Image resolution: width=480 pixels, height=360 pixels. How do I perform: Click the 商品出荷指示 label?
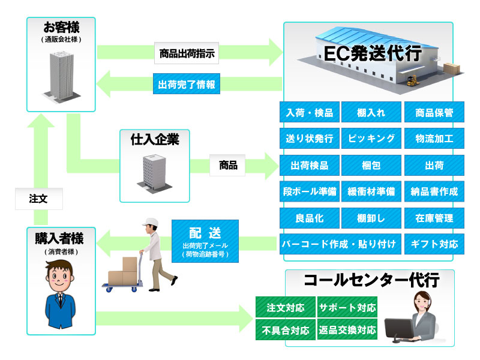coord(187,53)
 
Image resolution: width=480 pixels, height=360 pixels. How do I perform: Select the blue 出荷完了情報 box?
coord(187,84)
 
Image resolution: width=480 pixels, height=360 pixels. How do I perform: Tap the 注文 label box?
coord(39,199)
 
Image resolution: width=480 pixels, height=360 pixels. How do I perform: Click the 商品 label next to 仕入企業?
coord(227,166)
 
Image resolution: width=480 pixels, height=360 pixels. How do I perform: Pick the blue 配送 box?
coord(205,241)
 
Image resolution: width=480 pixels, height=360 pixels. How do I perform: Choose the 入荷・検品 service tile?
coord(310,112)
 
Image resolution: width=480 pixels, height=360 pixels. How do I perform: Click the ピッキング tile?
coord(371,139)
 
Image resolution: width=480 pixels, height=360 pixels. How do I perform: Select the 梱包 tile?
coord(371,166)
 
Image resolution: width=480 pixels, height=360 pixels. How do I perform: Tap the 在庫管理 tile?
coord(434,218)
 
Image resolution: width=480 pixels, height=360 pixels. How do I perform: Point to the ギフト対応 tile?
coord(434,244)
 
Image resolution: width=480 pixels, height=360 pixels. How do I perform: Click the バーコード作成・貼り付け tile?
coord(340,244)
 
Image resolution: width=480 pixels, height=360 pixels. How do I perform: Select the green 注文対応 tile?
coord(286,307)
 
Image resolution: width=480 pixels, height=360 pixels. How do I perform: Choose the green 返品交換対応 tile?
coord(347,329)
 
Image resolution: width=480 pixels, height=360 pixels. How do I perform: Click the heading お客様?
coord(62,27)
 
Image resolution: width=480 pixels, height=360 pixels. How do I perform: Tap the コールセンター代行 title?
coord(371,280)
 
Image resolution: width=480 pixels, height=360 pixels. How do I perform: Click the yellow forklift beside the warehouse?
coord(412,80)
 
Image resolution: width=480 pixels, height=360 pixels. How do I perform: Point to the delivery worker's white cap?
coord(151,222)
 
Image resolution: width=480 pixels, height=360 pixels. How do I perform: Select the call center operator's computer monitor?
coord(399,329)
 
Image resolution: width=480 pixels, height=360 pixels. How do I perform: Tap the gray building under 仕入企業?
coord(155,173)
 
